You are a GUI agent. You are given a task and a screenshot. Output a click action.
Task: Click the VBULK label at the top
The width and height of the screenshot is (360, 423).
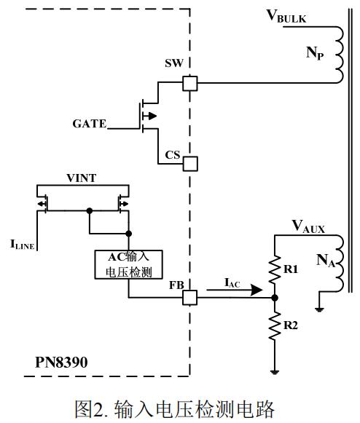point(294,17)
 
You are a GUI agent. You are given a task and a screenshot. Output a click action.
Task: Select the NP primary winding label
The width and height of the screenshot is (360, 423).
point(314,53)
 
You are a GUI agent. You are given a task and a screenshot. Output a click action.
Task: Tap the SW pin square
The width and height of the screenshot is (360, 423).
point(189,83)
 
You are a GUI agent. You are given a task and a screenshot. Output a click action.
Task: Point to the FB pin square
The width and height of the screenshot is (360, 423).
point(189,298)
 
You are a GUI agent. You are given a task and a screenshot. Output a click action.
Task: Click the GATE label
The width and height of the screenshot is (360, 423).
point(88,124)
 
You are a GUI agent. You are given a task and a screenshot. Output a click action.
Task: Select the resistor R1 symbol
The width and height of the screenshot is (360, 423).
point(274,269)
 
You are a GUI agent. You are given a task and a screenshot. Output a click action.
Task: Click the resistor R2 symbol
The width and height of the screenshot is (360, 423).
point(274,325)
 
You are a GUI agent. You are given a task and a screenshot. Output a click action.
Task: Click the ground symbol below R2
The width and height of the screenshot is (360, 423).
point(274,371)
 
